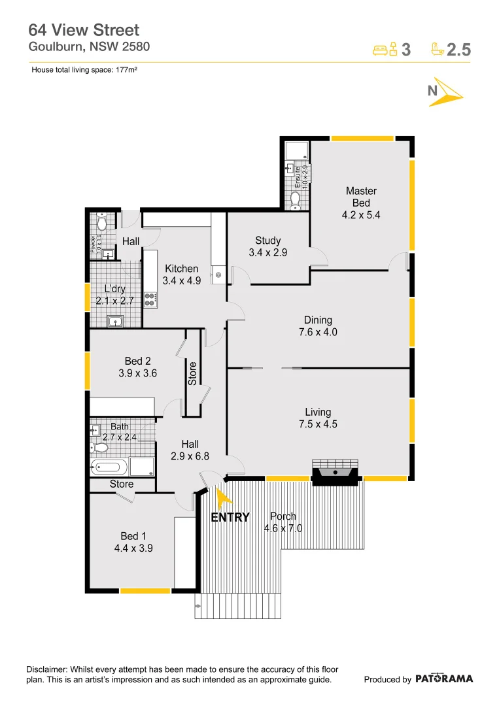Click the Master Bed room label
coord(361,203)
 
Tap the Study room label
coord(268,246)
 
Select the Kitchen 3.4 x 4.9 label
coord(181,275)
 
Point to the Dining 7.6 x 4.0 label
coord(318,326)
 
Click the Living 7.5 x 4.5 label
coord(318,418)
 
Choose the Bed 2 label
coord(138,367)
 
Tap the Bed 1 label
coord(133,543)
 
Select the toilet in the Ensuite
coord(295,199)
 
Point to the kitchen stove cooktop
coord(150,299)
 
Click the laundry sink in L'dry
coord(116,321)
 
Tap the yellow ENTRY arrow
coord(223,498)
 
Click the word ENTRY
coord(230,518)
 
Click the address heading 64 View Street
coord(84,30)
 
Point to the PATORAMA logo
coord(443,679)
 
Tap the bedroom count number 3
coord(405,50)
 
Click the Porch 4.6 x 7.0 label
coord(283,522)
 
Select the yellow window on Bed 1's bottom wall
coord(145,591)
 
